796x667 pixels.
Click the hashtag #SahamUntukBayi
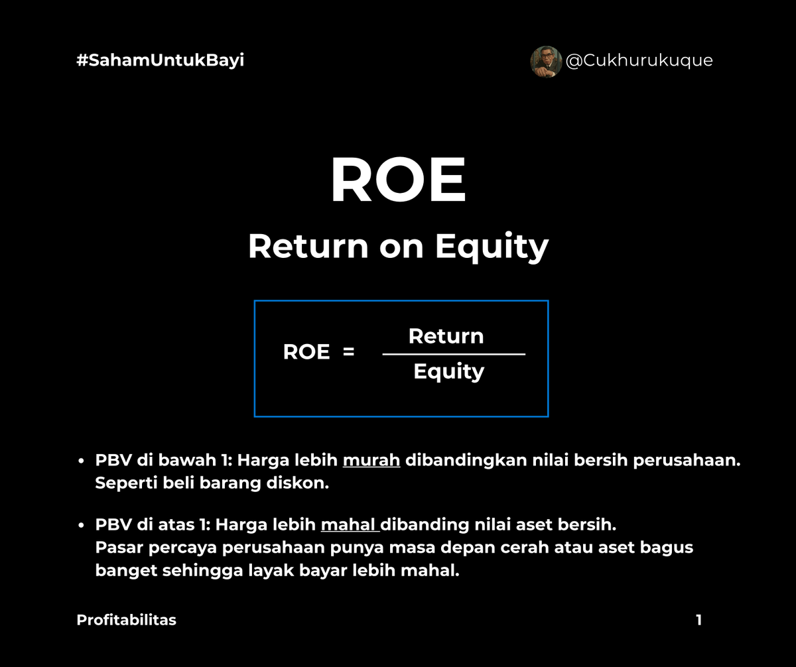tap(160, 60)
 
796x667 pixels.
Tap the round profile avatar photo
tap(545, 61)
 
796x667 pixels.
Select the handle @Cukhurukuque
tap(639, 60)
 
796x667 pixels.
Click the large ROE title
tap(398, 180)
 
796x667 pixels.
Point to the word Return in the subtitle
tap(307, 247)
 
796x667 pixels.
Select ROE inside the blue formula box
tap(306, 352)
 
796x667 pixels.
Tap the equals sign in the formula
tap(348, 352)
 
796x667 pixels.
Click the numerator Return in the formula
tap(446, 336)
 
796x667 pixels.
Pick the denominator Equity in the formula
tap(448, 372)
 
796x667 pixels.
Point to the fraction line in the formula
tap(454, 354)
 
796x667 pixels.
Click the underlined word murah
tap(371, 461)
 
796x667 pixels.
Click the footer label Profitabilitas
tap(126, 620)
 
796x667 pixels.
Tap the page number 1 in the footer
tap(698, 620)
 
